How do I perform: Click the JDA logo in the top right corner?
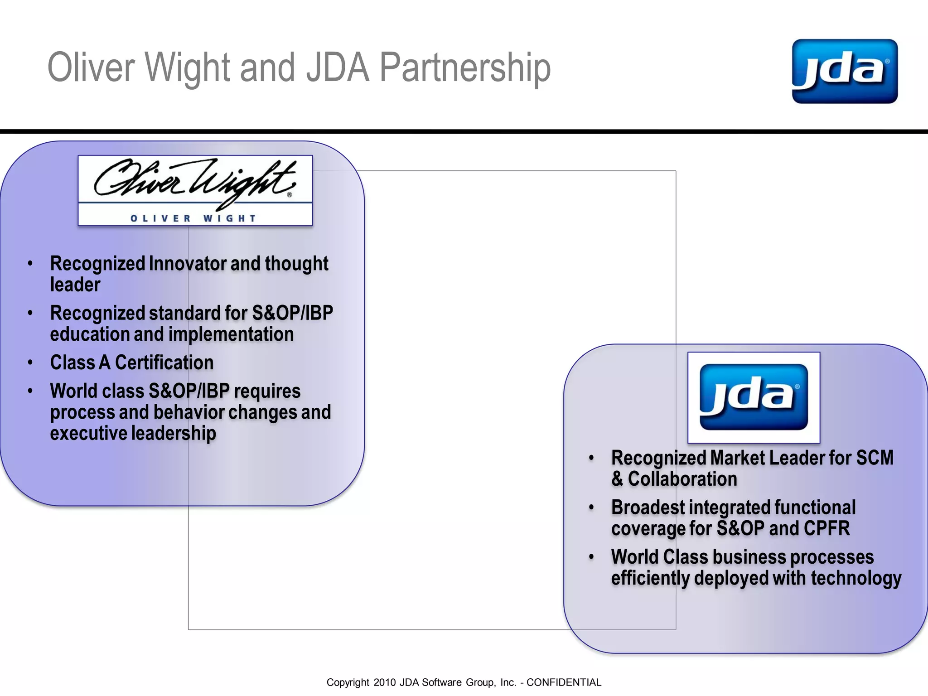pyautogui.click(x=845, y=71)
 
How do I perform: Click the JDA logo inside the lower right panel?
pyautogui.click(x=754, y=397)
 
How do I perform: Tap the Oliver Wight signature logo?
pyautogui.click(x=195, y=190)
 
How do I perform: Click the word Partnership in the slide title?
pyautogui.click(x=465, y=68)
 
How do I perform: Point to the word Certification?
pyautogui.click(x=164, y=362)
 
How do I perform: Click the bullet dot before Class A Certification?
pyautogui.click(x=30, y=362)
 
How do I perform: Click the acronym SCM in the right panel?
pyautogui.click(x=875, y=458)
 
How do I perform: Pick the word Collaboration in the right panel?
pyautogui.click(x=682, y=479)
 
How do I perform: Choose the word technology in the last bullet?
pyautogui.click(x=856, y=578)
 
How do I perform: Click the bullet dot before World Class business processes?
pyautogui.click(x=591, y=557)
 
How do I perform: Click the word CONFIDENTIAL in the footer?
pyautogui.click(x=564, y=682)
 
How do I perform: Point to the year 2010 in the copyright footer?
pyautogui.click(x=385, y=682)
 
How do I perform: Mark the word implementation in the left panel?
pyautogui.click(x=232, y=334)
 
